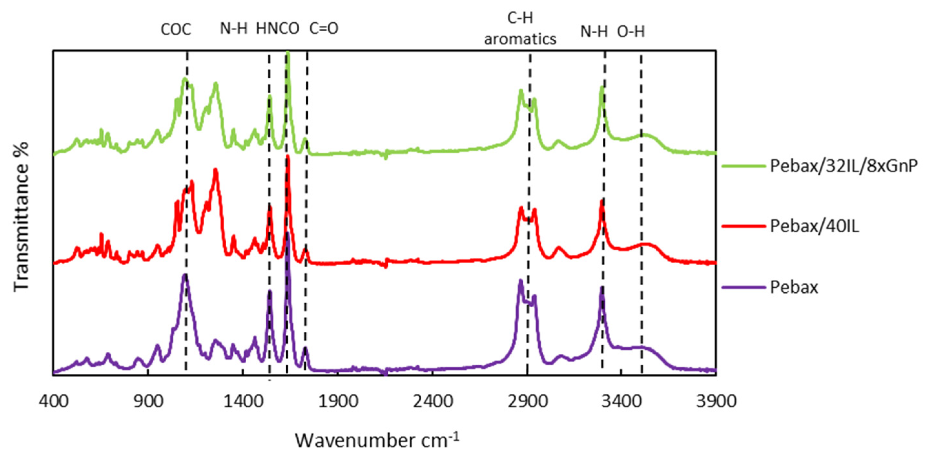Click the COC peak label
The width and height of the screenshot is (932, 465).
click(176, 30)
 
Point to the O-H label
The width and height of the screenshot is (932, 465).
click(631, 32)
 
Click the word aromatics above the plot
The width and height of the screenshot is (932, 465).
click(520, 39)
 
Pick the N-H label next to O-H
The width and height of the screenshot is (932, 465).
click(594, 32)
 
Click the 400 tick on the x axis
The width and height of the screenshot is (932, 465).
click(54, 401)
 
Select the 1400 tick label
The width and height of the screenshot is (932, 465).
click(243, 401)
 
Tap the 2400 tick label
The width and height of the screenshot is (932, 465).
click(433, 401)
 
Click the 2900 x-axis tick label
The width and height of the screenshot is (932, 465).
click(527, 401)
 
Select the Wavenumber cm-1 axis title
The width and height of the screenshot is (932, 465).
click(377, 440)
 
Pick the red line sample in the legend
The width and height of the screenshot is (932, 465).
click(743, 226)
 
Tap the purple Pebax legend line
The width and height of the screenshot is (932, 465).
click(743, 288)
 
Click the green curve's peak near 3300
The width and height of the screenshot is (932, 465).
click(602, 87)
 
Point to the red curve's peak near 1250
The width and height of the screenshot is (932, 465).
click(216, 170)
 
